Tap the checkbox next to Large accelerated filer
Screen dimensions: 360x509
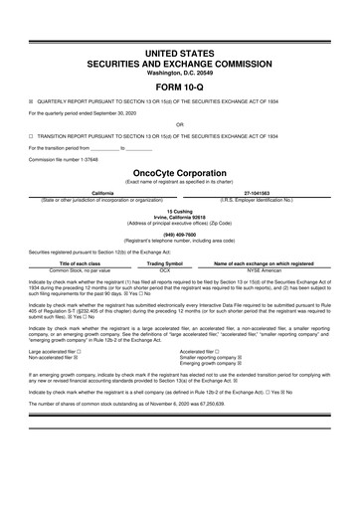pos(81,351)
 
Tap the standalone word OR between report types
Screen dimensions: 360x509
pos(179,124)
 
